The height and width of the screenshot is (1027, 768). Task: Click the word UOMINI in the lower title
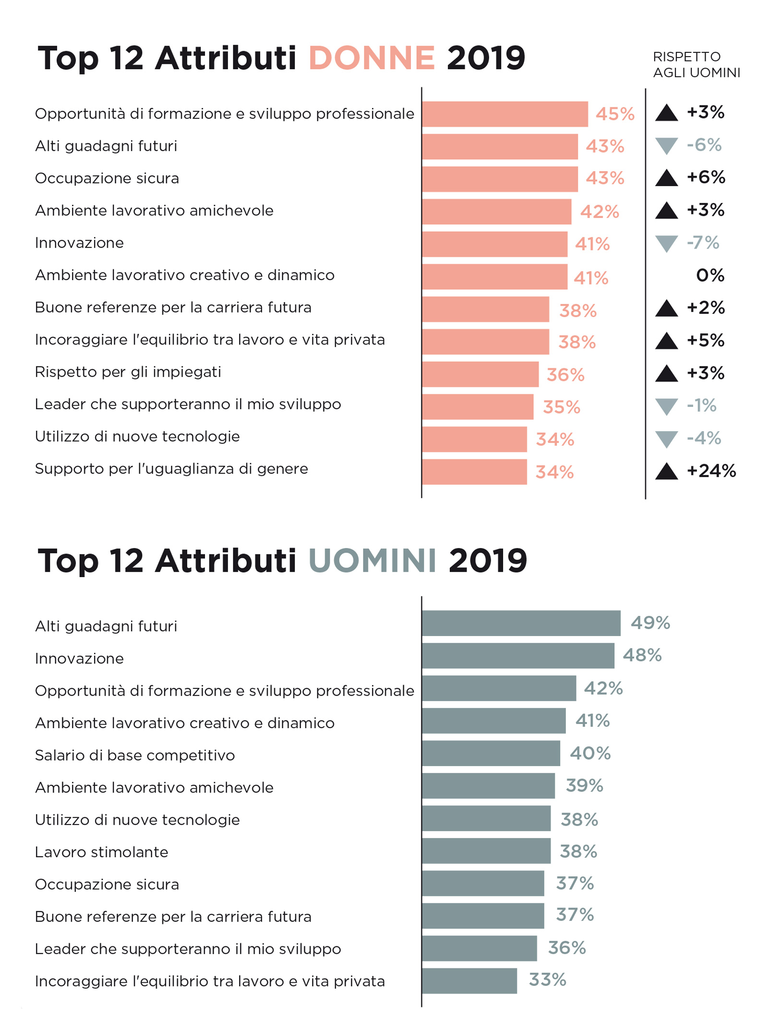(372, 560)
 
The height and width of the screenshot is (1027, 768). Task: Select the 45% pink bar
(504, 114)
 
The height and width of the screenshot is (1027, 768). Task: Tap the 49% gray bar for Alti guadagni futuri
(521, 623)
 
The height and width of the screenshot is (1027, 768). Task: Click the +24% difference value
(711, 471)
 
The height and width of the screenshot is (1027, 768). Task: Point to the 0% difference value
(710, 275)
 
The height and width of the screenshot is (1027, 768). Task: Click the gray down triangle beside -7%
(666, 243)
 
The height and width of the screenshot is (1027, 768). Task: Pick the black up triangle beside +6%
(666, 178)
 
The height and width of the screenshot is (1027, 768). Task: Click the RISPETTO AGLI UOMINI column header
(696, 65)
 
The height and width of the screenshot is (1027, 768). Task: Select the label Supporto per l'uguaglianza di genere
(171, 469)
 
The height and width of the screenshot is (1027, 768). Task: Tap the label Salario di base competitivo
(135, 755)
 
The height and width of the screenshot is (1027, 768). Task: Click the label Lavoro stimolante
(101, 852)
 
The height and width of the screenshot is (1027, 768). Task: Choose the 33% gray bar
(469, 981)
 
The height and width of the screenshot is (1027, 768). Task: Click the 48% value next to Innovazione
(642, 655)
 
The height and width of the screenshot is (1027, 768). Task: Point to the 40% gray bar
(491, 753)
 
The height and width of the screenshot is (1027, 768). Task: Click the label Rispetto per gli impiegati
(128, 372)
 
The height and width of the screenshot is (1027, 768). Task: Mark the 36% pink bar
(480, 374)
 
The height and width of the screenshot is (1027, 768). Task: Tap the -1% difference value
(701, 406)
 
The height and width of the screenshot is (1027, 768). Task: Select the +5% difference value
(705, 341)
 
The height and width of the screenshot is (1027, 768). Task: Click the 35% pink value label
(561, 407)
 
